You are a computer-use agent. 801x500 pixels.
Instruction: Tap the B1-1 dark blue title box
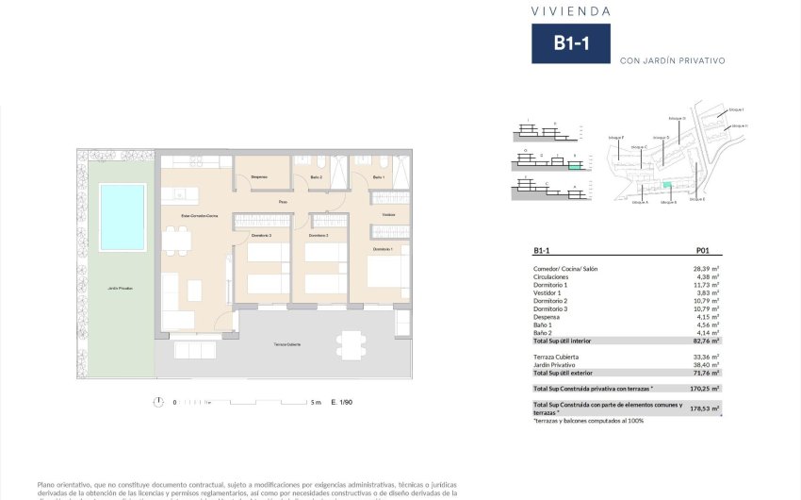click(571, 43)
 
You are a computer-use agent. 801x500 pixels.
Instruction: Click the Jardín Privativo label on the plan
click(120, 288)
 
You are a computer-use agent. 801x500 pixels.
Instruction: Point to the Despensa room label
click(259, 177)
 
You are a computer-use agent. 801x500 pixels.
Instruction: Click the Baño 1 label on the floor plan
click(378, 177)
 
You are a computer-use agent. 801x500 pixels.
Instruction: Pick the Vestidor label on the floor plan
click(388, 216)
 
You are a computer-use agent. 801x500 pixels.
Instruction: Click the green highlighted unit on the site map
click(667, 186)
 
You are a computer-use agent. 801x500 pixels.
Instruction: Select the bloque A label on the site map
click(640, 202)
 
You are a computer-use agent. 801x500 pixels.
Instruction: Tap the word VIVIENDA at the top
click(570, 11)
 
